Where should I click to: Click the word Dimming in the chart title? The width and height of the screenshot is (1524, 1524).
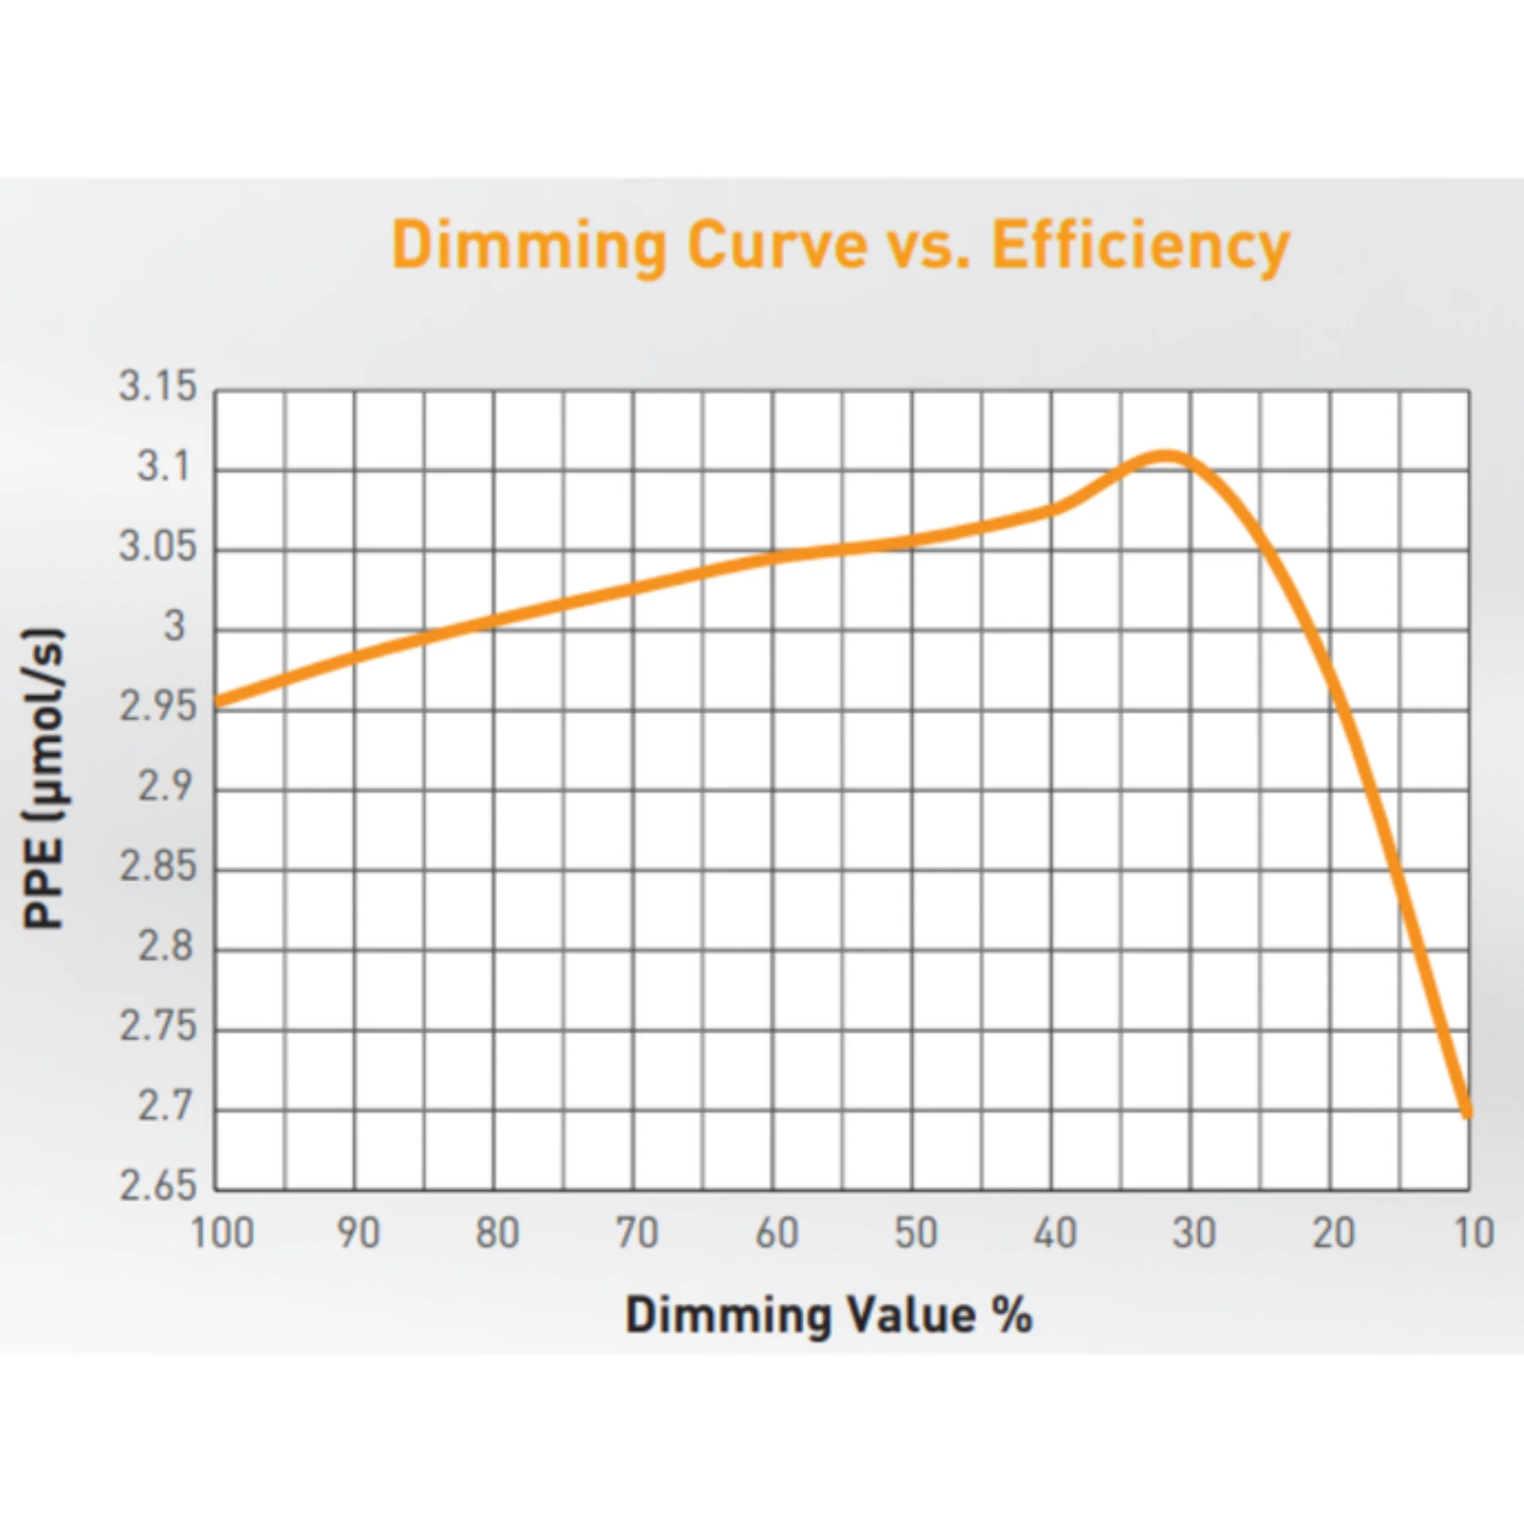(529, 247)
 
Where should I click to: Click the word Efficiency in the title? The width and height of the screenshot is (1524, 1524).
(1140, 246)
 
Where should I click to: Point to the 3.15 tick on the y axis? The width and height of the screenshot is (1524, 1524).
(157, 386)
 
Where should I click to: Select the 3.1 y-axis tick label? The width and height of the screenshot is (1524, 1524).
(165, 467)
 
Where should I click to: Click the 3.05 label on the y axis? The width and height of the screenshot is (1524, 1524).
(157, 547)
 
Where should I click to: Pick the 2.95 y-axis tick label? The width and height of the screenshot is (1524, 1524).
(157, 707)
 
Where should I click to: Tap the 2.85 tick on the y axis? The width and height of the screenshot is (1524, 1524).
(157, 867)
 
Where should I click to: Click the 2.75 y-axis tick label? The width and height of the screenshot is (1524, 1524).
(157, 1027)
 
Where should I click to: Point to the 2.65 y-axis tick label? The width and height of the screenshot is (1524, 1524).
(157, 1187)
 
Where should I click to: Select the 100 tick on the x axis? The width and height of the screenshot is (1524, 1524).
(222, 1233)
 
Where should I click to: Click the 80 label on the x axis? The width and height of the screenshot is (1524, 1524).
(497, 1233)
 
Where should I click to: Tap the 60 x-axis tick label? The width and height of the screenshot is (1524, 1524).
(776, 1233)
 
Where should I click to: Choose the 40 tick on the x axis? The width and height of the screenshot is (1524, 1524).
(1056, 1233)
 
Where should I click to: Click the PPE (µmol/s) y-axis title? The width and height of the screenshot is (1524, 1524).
(43, 778)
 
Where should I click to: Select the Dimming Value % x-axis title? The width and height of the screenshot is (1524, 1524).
(828, 1315)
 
